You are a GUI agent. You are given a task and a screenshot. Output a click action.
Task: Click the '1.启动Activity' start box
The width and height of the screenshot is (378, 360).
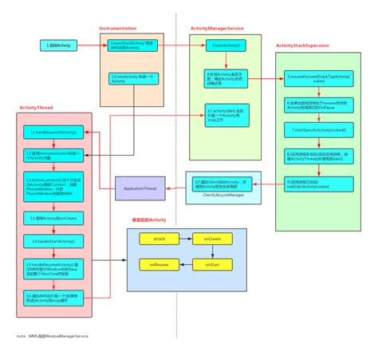pyautogui.click(x=60, y=46)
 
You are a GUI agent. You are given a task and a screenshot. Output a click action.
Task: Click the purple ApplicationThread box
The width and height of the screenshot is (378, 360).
pyautogui.click(x=140, y=188)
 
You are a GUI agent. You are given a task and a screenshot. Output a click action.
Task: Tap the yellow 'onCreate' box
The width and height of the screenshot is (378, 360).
pyautogui.click(x=211, y=237)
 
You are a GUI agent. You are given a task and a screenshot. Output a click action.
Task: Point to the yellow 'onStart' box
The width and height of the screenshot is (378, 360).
pyautogui.click(x=211, y=263)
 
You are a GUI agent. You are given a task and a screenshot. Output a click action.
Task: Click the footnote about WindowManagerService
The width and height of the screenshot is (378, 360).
pyautogui.click(x=53, y=336)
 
